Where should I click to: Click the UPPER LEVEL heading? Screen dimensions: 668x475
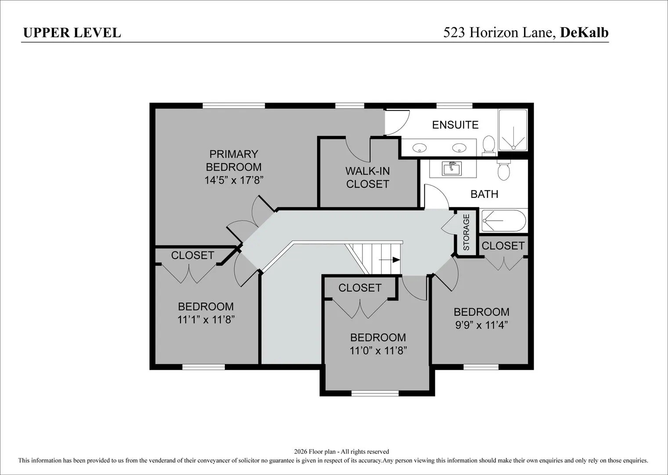(72, 33)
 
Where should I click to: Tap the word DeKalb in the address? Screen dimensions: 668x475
(584, 33)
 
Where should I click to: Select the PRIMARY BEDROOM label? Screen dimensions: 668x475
(234, 161)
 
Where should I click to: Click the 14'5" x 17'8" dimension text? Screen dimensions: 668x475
(234, 180)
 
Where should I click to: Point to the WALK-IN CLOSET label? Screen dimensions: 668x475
(368, 177)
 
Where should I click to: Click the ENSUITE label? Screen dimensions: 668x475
(455, 125)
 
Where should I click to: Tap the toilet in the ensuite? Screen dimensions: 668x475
(489, 146)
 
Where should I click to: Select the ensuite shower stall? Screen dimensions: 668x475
(513, 130)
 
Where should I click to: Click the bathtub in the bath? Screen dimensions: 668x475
(503, 221)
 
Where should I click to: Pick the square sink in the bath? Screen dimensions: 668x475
(452, 169)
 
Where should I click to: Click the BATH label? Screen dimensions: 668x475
(484, 194)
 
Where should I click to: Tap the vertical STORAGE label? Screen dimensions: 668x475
(466, 232)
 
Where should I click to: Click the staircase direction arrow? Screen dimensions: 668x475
(390, 260)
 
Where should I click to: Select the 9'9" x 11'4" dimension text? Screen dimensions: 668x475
(481, 325)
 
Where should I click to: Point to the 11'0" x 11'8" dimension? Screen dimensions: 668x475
(378, 350)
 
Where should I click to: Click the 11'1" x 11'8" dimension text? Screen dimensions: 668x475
(206, 319)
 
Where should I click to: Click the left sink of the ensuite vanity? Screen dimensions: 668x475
(419, 147)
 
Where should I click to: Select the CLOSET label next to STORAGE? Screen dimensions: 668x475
(503, 246)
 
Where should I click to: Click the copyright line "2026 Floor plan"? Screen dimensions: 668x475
(341, 451)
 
